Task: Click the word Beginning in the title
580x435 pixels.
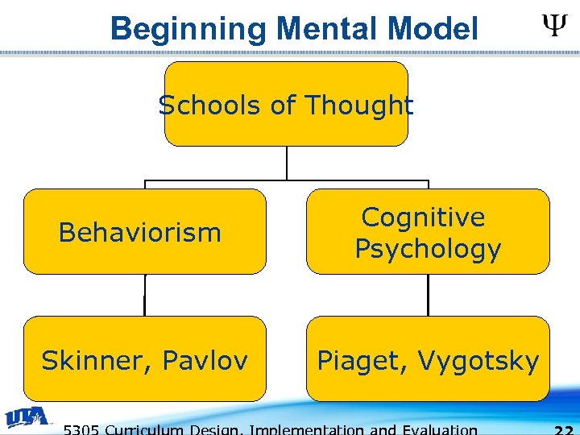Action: click(x=188, y=30)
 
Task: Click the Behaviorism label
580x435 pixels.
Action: click(x=140, y=233)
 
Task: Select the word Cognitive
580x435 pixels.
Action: click(x=424, y=217)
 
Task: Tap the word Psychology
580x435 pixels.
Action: click(x=428, y=249)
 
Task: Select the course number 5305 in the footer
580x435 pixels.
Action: click(x=83, y=429)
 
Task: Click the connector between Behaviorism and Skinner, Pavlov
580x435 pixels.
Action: click(x=145, y=295)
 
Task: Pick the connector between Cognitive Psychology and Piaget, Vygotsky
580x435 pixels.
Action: click(x=428, y=295)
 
